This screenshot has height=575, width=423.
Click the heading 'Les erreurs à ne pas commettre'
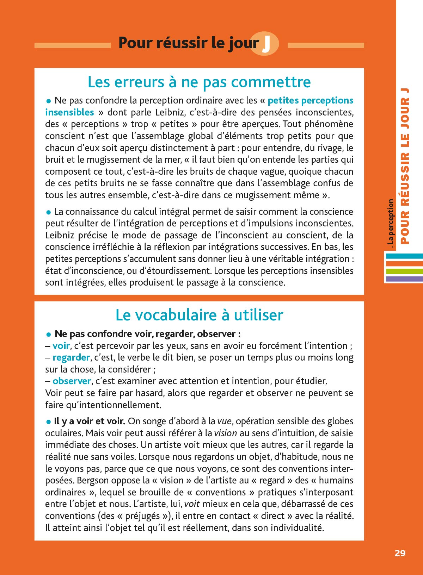point(199,82)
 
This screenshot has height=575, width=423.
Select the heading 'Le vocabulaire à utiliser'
point(199,315)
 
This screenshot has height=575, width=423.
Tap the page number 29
point(400,553)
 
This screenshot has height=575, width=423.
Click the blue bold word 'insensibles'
point(69,112)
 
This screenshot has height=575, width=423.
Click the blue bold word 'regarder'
point(71,358)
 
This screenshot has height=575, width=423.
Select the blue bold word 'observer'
point(72,381)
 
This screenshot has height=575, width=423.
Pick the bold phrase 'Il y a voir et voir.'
point(89,421)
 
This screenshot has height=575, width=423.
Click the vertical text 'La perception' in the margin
point(390,222)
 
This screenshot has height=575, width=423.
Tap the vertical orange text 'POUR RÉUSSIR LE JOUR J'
point(405,165)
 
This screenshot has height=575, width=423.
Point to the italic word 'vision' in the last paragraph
point(226,433)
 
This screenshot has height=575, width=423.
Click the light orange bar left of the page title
point(72,45)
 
